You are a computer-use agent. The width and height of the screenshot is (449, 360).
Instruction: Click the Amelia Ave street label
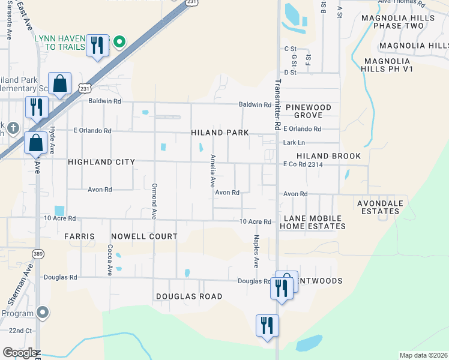tap(212, 171)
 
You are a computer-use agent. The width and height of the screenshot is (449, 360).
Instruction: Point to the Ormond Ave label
tap(154, 200)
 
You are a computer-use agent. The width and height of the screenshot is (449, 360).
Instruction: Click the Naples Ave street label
tap(256, 251)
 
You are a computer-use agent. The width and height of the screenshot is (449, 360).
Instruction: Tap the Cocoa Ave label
tap(110, 260)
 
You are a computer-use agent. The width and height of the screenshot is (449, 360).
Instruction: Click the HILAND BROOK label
tap(328, 156)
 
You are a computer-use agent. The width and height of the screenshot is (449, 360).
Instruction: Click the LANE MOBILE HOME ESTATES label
tap(314, 223)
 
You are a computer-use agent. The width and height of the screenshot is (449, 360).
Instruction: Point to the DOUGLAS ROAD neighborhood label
tap(189, 296)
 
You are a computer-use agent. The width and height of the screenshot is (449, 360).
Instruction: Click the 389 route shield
tap(37, 253)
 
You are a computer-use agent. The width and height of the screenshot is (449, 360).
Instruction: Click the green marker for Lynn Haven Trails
tap(119, 41)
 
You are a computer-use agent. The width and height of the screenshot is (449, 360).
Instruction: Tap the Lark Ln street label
tap(294, 143)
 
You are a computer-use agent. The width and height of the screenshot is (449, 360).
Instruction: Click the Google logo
tap(20, 353)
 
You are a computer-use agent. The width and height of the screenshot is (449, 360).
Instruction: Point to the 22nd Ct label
tap(20, 331)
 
